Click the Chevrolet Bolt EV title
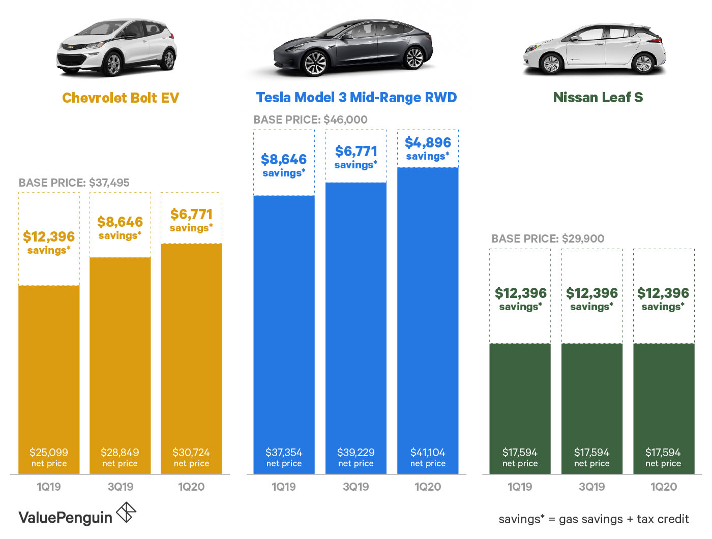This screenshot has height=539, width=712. tap(121, 98)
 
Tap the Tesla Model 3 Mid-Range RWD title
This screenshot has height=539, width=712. tap(356, 98)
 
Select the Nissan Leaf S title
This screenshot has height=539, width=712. tap(598, 98)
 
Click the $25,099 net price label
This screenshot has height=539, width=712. tap(49, 457)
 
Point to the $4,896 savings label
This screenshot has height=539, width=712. tap(428, 148)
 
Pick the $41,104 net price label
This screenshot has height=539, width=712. tap(428, 457)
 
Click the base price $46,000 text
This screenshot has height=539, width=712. tap(310, 120)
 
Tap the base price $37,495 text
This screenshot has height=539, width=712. tap(74, 183)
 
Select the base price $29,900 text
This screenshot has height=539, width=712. tap(548, 239)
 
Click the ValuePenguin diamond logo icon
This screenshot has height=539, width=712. tap(126, 513)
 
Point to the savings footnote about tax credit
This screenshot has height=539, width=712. tap(594, 519)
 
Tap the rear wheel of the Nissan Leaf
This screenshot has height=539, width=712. tap(643, 64)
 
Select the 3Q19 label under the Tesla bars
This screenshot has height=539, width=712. tap(356, 487)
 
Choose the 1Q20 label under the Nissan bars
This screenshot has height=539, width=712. tap(664, 487)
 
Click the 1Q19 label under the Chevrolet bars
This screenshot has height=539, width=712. tap(49, 487)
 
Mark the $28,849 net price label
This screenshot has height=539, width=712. tap(120, 457)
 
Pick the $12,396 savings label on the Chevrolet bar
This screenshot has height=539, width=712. tap(49, 242)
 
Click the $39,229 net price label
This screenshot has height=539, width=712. tap(356, 457)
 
